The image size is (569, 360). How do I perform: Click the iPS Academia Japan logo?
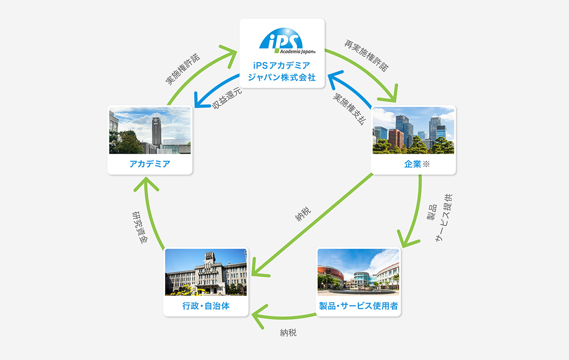pos(287,41)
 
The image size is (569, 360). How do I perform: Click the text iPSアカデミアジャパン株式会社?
pos(282,72)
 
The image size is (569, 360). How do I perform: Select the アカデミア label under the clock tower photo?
pos(150,164)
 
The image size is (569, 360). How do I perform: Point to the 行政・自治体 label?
pos(206,306)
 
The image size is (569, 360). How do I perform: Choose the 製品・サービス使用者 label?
pos(358,306)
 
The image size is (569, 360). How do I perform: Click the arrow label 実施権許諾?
pos(183,69)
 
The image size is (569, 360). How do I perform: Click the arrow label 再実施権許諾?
pos(367,55)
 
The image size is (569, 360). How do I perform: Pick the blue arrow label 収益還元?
pos(227,98)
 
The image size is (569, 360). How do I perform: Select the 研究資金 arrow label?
pos(140,227)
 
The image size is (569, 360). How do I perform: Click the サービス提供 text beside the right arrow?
pos(444,218)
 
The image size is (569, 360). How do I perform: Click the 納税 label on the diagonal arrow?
pos(303,214)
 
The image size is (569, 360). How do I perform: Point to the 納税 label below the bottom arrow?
pos(288,332)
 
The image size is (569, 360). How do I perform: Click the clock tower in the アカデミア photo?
pos(156,132)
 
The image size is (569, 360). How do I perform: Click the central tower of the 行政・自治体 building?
pos(210,264)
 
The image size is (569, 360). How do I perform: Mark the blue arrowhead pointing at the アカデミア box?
pos(201,101)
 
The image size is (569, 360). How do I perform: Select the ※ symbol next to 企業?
pos(426,164)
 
